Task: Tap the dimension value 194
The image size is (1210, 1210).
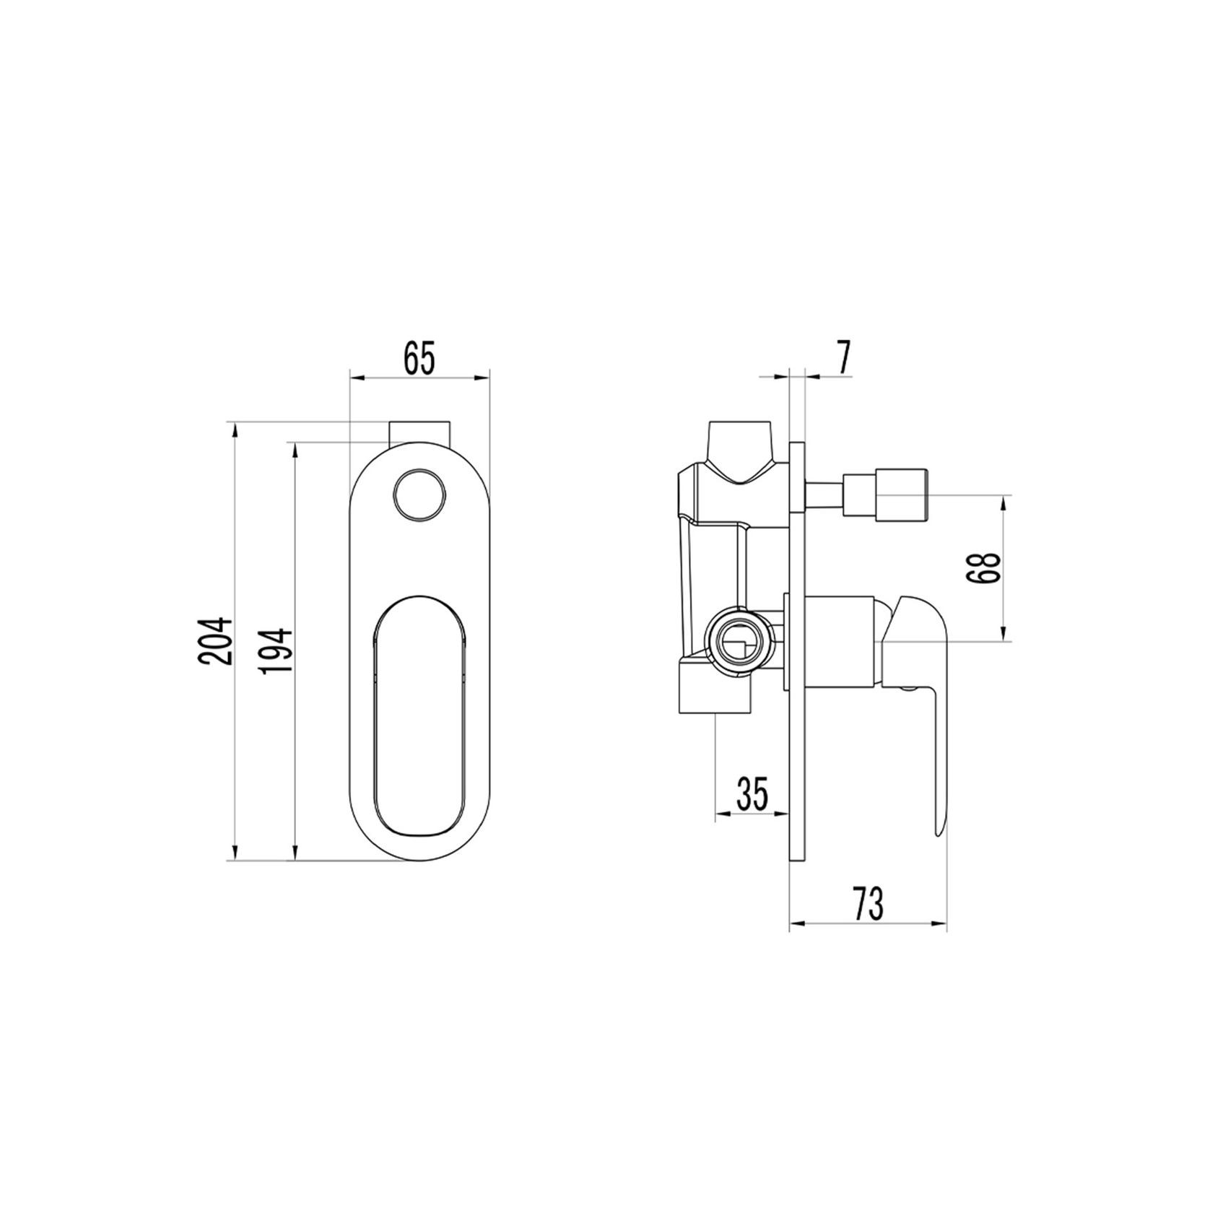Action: (x=277, y=650)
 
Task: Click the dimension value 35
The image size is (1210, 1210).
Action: (x=752, y=793)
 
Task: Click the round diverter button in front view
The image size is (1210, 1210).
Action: (x=420, y=495)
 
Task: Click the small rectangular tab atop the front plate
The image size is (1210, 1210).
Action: (x=420, y=433)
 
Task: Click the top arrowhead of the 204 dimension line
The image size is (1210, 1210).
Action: (x=233, y=430)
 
